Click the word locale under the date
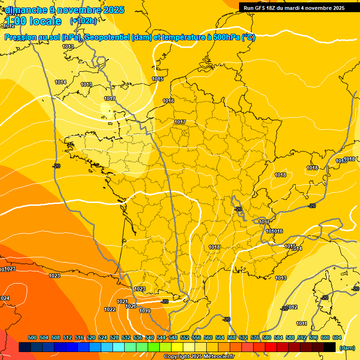tap(45, 21)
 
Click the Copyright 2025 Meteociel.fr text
tap(199, 356)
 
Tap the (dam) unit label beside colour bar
tap(347, 347)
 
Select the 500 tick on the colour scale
tap(32, 337)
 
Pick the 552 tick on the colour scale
tap(185, 337)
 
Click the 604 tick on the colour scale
tap(337, 337)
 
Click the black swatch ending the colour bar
tap(330, 347)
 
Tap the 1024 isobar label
tap(5, 298)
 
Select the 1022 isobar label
tap(110, 309)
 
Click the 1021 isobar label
tap(122, 301)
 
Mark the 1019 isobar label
tap(145, 311)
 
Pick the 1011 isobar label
tap(302, 323)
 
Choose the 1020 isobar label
tap(131, 306)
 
